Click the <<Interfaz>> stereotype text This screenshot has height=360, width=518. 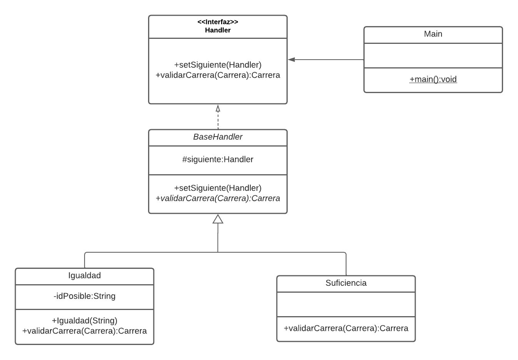(x=218, y=22)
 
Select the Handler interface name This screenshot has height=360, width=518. (x=218, y=30)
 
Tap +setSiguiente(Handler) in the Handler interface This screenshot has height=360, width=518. (x=218, y=65)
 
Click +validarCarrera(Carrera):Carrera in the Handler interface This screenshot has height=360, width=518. (x=218, y=75)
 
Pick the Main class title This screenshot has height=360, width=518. (x=433, y=34)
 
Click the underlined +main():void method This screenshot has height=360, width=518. (x=433, y=79)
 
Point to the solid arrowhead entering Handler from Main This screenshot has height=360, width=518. (x=291, y=60)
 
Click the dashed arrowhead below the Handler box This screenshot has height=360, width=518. (x=218, y=108)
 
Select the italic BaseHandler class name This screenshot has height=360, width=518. (x=218, y=137)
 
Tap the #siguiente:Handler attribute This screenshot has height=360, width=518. (x=218, y=159)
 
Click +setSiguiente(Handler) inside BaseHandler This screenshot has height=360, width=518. (x=218, y=188)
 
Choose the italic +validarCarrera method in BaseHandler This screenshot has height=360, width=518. (x=218, y=198)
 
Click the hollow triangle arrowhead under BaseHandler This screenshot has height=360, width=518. (x=218, y=219)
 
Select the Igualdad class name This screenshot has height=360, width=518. (x=84, y=275)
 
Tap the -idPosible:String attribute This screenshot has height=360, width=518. (x=84, y=296)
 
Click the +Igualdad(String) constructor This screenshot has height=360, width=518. (x=84, y=320)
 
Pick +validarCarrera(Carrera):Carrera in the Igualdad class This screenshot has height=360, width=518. (x=84, y=331)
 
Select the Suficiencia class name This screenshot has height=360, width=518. (x=346, y=283)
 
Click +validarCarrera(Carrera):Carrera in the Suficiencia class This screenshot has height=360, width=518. (x=346, y=328)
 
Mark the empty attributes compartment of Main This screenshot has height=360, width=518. (x=433, y=55)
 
